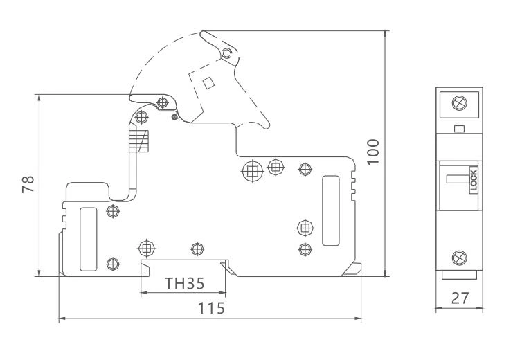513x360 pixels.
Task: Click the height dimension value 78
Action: (28, 184)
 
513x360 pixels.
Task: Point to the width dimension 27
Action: (459, 298)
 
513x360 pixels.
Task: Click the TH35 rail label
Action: (183, 284)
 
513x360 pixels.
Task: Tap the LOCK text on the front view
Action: (474, 181)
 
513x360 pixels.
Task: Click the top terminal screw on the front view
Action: (458, 104)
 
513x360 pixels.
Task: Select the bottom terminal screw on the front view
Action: (458, 258)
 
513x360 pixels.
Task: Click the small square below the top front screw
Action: (458, 127)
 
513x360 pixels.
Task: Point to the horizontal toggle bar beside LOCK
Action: (457, 179)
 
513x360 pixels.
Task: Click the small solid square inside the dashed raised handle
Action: (208, 82)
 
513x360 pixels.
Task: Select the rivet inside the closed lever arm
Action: (163, 103)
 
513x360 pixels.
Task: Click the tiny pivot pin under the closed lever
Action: (173, 116)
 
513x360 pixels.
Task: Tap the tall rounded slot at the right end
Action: (330, 210)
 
